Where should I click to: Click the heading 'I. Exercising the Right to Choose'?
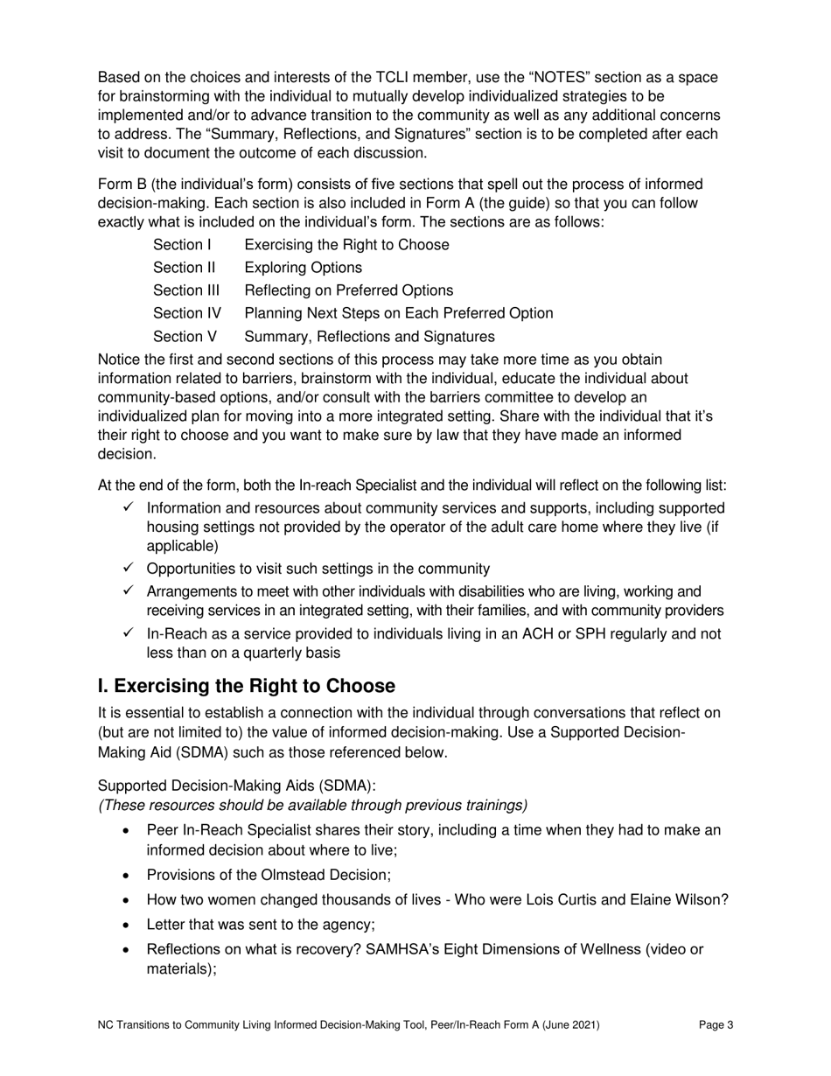click(x=246, y=685)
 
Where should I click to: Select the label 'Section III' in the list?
click(x=186, y=290)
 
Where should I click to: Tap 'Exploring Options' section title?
click(x=303, y=267)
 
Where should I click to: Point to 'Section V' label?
click(x=185, y=336)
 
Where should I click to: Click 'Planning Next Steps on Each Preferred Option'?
click(x=398, y=312)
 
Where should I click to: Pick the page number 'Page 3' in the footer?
click(x=716, y=1026)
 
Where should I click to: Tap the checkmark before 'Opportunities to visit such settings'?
click(x=129, y=568)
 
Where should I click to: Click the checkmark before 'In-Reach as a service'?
click(x=129, y=633)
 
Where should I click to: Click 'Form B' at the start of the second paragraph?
click(x=122, y=185)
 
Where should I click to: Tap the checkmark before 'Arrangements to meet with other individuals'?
click(x=129, y=591)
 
